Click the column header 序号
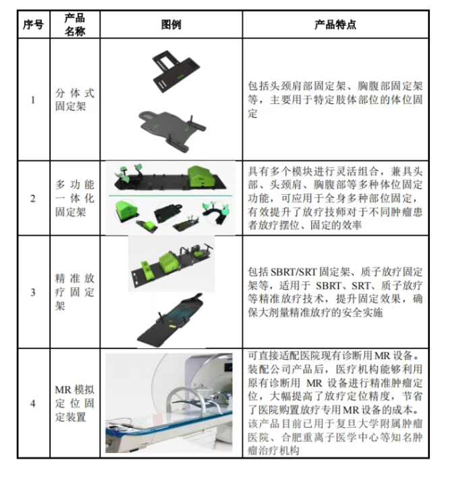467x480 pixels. (34, 25)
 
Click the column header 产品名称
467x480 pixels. (75, 25)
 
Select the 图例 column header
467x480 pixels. (171, 25)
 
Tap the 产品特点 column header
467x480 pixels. (335, 25)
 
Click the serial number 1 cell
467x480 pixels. (34, 100)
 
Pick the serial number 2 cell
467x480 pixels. (34, 199)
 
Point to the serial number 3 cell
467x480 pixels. (34, 292)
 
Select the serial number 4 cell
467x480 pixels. (34, 404)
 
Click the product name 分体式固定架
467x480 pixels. (75, 100)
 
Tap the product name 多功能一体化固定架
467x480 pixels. (75, 199)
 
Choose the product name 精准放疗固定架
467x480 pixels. (75, 292)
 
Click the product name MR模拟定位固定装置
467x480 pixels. (75, 404)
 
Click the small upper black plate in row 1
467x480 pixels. (177, 68)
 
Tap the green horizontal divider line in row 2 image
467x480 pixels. (171, 196)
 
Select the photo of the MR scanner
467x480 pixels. (171, 404)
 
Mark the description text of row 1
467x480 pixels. (335, 100)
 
